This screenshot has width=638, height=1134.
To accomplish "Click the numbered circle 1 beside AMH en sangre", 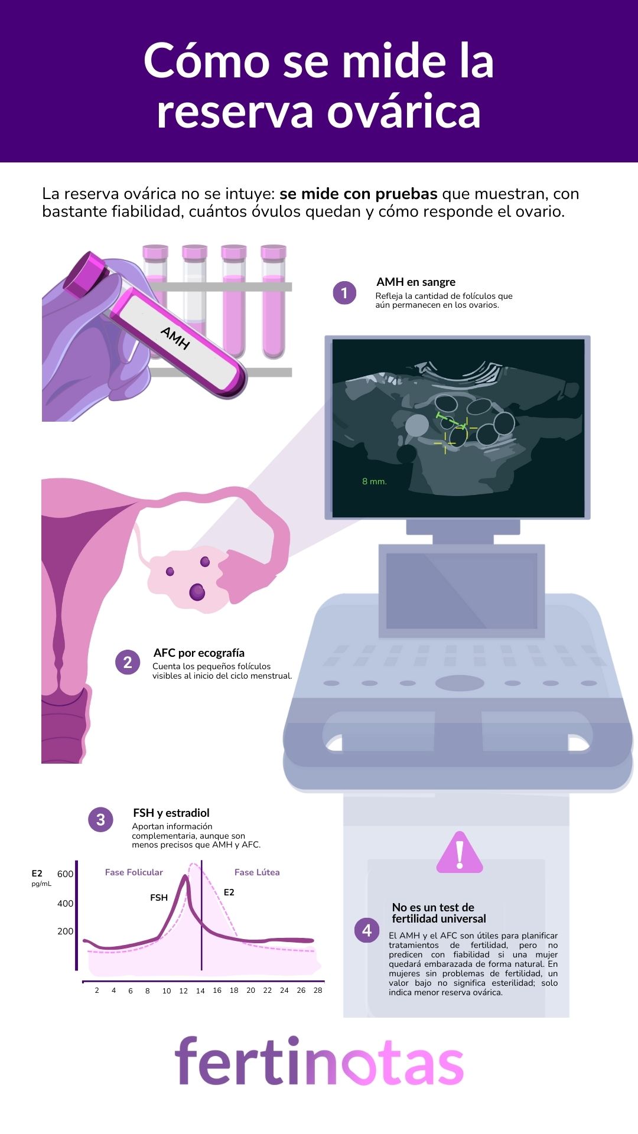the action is (x=344, y=293).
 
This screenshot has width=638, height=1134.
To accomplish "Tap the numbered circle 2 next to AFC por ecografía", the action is (x=128, y=662).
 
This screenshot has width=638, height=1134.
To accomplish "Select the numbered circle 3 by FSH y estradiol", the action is (x=100, y=820).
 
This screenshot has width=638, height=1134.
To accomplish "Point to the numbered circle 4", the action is (x=367, y=930).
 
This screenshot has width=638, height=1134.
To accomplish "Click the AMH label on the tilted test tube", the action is (x=175, y=338).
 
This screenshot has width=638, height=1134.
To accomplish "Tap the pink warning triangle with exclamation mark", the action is (x=460, y=852).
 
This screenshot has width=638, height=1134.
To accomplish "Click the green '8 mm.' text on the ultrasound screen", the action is (x=375, y=481).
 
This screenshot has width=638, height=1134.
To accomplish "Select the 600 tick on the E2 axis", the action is (x=65, y=874).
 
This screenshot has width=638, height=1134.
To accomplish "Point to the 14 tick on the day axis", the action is (x=200, y=990).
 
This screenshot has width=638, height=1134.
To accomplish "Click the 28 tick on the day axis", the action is (x=318, y=990).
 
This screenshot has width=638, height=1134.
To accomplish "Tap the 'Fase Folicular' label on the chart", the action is (x=134, y=872).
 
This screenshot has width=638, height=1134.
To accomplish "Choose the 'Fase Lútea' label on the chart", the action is (x=257, y=872).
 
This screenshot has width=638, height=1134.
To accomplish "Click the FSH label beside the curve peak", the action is (x=159, y=897).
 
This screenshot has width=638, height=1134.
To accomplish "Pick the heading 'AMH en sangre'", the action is (x=416, y=282).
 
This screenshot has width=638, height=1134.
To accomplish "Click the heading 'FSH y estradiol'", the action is (x=171, y=813).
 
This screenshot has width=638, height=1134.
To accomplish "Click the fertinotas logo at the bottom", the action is (x=319, y=1061).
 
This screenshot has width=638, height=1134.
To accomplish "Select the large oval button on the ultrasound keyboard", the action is (x=460, y=683).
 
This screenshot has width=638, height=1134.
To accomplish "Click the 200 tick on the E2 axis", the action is (x=65, y=931).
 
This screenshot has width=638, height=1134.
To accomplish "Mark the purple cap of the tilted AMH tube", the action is (x=86, y=275).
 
